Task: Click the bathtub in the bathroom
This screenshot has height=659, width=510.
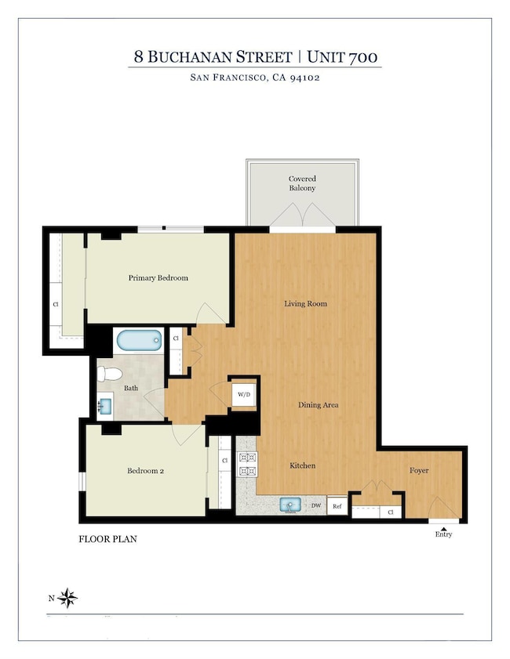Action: point(139,341)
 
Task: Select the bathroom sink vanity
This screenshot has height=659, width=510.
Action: point(105,406)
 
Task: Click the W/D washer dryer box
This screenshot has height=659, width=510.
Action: point(243,395)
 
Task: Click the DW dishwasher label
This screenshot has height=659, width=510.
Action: point(316,506)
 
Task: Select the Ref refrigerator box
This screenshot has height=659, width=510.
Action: point(337,506)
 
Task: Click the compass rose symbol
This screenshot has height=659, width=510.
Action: point(69,599)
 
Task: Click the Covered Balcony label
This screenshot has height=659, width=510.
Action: point(302,184)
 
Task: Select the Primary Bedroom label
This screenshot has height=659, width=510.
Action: point(158,278)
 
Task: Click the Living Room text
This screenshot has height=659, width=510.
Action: point(305,303)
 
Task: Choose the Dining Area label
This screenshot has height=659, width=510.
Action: point(318,405)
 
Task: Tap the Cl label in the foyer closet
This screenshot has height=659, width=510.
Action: point(390,512)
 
